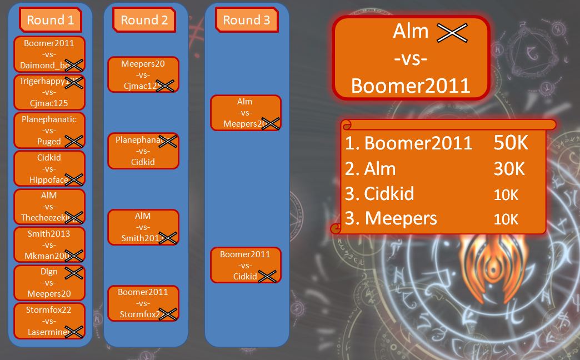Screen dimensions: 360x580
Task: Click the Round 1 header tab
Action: (x=50, y=21)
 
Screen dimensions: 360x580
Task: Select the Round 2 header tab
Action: (x=144, y=21)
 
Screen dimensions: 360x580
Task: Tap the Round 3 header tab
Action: (x=246, y=21)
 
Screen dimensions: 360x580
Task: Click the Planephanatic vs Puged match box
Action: (x=49, y=130)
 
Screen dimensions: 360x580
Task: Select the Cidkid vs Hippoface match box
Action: (x=49, y=168)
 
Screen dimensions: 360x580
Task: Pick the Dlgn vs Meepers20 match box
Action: (x=49, y=283)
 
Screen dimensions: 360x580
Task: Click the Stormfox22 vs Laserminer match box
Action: (x=49, y=321)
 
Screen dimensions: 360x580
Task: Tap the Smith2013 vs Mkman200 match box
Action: (x=49, y=244)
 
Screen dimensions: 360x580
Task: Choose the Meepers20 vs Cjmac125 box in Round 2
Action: (x=143, y=74)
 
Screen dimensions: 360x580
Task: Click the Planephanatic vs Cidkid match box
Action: (x=143, y=151)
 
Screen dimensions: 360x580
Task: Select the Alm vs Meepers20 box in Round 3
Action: (x=245, y=113)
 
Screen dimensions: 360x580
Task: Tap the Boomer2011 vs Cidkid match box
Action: (x=245, y=265)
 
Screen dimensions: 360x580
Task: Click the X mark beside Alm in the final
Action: (x=452, y=33)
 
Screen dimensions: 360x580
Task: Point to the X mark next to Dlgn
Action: (x=73, y=273)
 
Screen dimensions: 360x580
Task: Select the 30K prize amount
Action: (x=509, y=168)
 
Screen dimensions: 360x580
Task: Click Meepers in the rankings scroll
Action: (x=400, y=218)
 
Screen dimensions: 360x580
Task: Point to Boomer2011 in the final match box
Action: (x=411, y=86)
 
